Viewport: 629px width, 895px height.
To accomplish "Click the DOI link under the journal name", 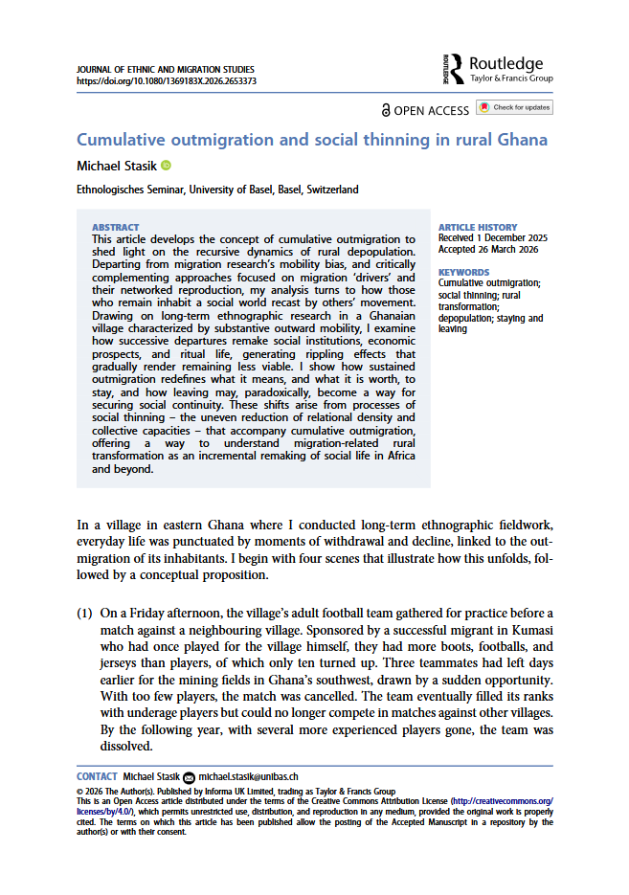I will tap(166, 81).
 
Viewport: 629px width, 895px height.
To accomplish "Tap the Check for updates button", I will tap(515, 107).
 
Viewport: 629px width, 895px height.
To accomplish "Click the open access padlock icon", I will tap(386, 110).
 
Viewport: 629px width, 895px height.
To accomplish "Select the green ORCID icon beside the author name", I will tap(165, 166).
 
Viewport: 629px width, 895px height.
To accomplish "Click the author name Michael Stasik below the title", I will tap(116, 166).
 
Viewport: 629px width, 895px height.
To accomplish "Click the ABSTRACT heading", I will tap(115, 228).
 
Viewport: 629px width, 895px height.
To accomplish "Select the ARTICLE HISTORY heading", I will tap(477, 228).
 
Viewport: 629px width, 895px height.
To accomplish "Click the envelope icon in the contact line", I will tap(188, 776).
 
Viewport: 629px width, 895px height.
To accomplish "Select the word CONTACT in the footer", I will tap(97, 776).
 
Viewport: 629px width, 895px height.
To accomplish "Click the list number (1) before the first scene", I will tap(84, 613).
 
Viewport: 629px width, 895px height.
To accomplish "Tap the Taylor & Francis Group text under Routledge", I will tap(510, 78).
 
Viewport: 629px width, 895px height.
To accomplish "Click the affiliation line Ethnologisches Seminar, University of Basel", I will tap(217, 190).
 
